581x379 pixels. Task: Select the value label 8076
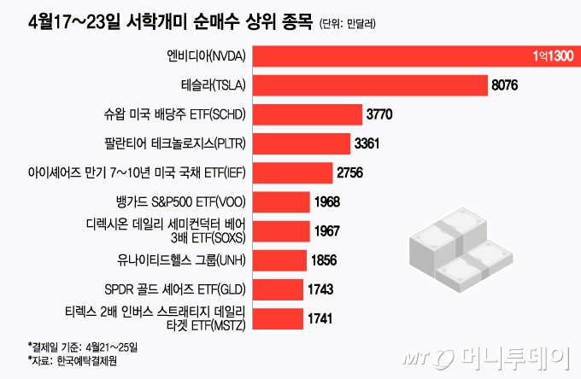tap(505, 86)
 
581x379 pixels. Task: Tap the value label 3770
tap(380, 114)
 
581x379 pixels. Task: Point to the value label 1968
tap(327, 202)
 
